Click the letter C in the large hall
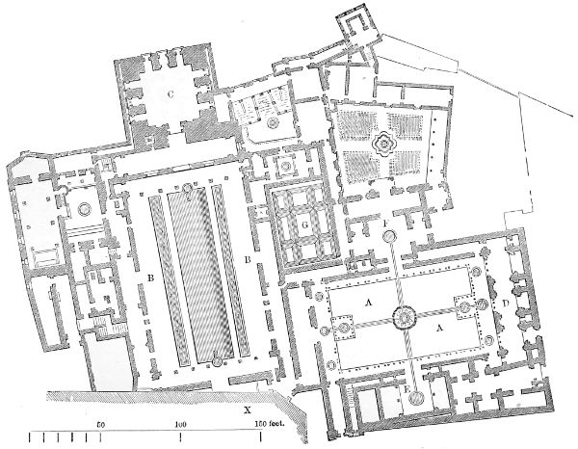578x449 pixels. [170, 94]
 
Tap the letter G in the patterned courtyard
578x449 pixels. [304, 226]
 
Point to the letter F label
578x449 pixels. [385, 223]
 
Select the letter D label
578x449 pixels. [506, 304]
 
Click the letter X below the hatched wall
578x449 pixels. [248, 409]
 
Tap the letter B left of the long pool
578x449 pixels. [150, 277]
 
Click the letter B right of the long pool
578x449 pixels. [248, 260]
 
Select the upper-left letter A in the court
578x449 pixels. [368, 303]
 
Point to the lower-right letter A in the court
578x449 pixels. [438, 328]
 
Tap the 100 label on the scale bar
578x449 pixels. [180, 424]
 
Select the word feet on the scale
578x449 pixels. [276, 424]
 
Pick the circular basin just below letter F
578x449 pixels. [389, 236]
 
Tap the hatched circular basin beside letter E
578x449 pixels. [417, 397]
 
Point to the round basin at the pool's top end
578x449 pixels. [188, 189]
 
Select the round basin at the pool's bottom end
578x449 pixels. [217, 361]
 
